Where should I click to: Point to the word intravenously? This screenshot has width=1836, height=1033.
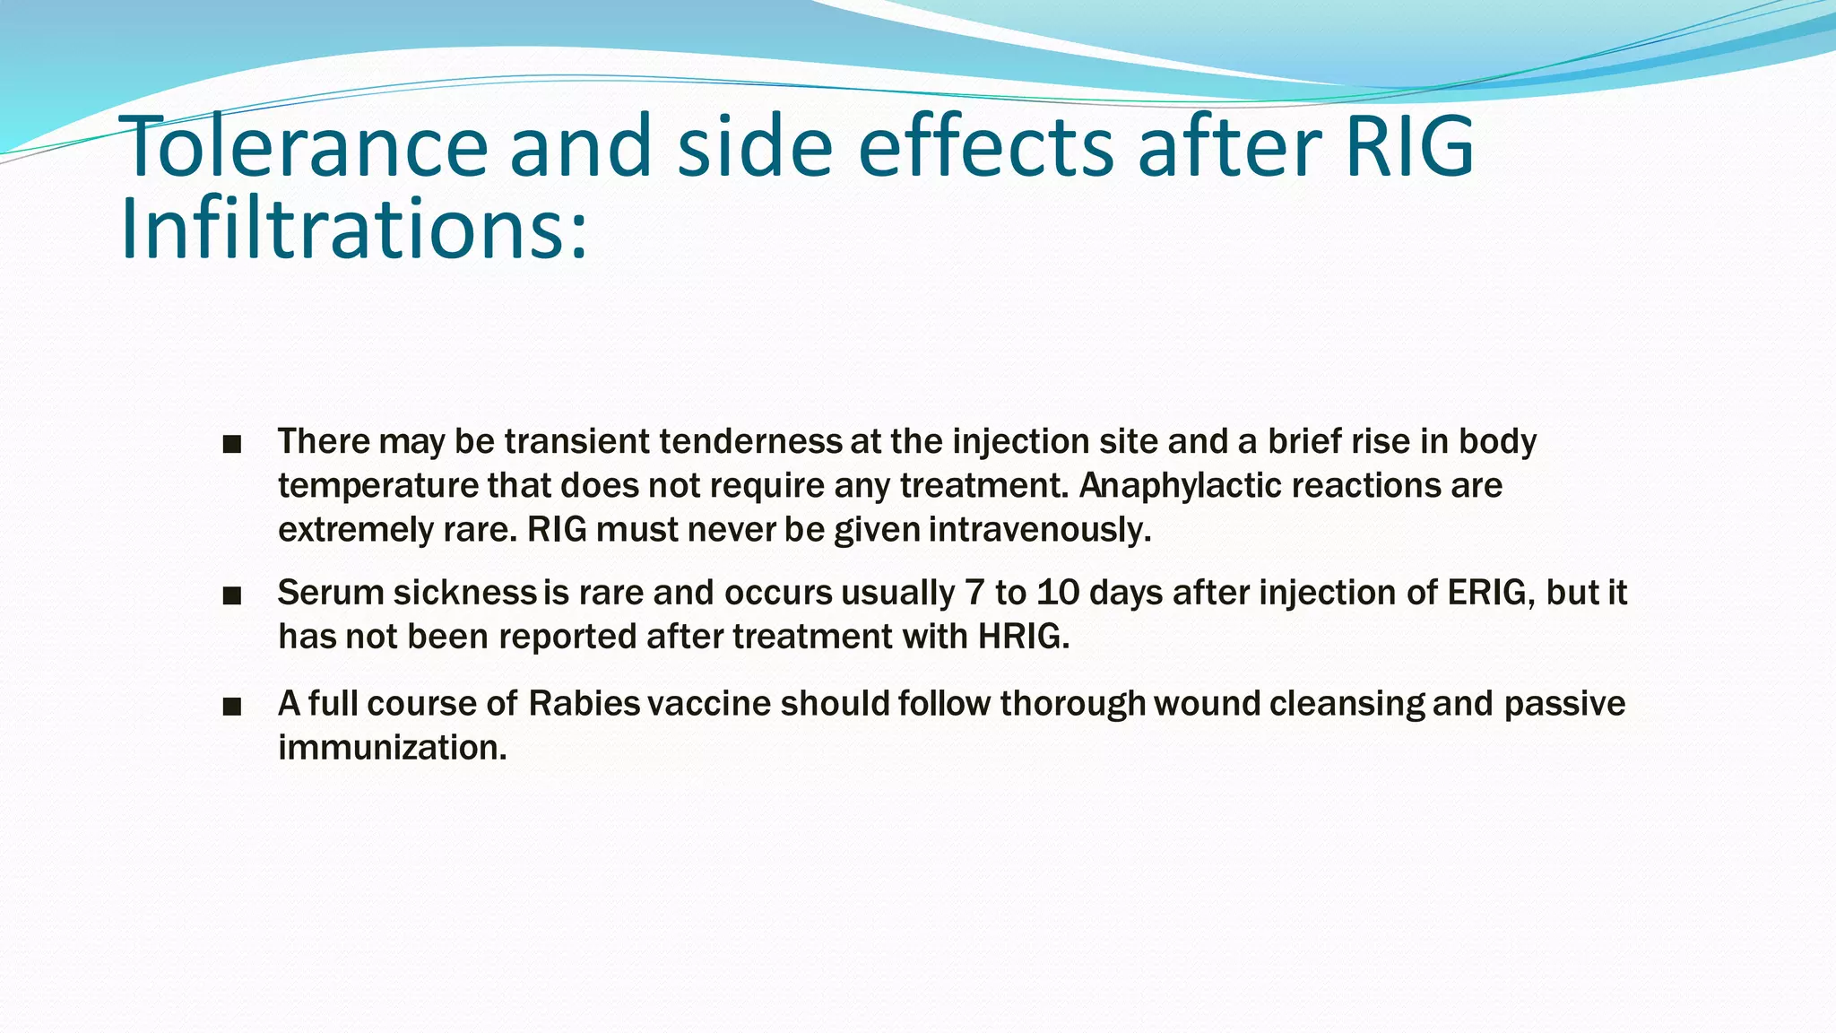click(1039, 530)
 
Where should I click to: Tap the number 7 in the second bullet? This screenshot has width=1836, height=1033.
click(974, 593)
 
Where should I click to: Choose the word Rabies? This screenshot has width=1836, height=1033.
click(584, 704)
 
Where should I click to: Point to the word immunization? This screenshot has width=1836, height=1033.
click(392, 748)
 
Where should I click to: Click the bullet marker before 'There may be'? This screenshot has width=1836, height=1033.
click(232, 444)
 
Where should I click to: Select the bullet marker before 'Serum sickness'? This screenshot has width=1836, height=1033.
click(232, 595)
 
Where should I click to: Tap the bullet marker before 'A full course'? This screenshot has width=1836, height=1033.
click(232, 707)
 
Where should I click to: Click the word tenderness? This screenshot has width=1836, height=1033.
click(750, 441)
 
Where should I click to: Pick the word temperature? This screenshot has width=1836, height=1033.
click(377, 485)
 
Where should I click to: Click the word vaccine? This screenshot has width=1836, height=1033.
click(708, 704)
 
